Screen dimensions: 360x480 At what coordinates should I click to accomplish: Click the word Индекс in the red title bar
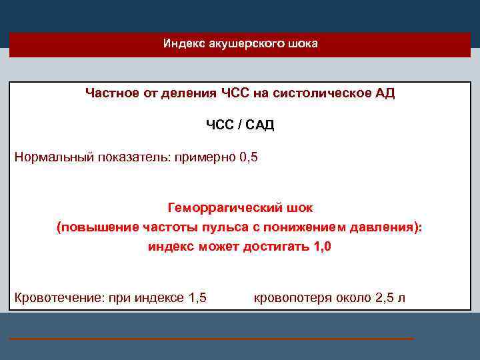pos(181,44)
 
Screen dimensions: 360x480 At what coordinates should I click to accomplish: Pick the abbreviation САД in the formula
pos(259,125)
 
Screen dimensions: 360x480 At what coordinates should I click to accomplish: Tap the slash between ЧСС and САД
pos(237,125)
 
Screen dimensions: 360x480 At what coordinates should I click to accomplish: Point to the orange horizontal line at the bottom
pos(211,339)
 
